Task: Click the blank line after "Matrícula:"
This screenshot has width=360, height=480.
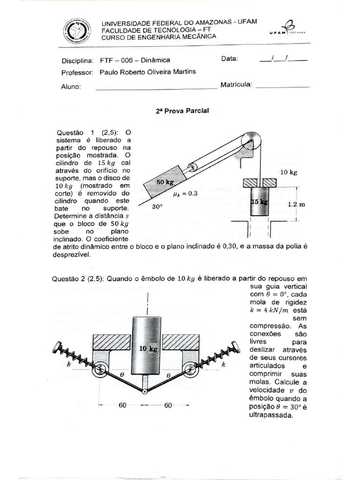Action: pyautogui.click(x=283, y=86)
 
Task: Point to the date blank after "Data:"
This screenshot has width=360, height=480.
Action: pyautogui.click(x=283, y=59)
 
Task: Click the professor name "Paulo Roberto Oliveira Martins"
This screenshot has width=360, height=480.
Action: pyautogui.click(x=148, y=72)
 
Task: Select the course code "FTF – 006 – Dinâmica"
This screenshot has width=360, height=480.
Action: pyautogui.click(x=135, y=60)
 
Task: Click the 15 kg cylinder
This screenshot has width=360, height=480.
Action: pyautogui.click(x=260, y=201)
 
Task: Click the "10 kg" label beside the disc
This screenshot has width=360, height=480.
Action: pyautogui.click(x=289, y=172)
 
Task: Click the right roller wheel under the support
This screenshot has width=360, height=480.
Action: pyautogui.click(x=190, y=371)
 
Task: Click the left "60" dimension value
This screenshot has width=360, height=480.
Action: pyautogui.click(x=122, y=405)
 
